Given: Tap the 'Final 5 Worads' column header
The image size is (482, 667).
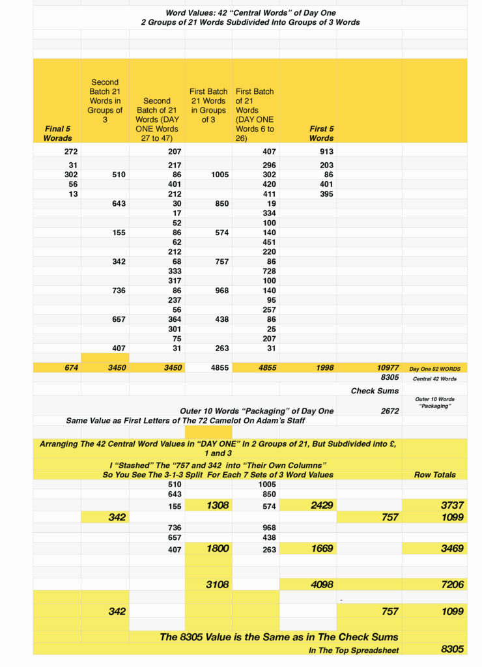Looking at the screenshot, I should click(58, 133).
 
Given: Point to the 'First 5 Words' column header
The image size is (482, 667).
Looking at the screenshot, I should click(321, 133).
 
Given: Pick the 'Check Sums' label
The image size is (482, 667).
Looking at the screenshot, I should click(375, 391).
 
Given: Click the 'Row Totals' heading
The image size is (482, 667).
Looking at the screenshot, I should click(434, 474).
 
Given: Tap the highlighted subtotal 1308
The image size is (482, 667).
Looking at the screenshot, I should click(218, 505).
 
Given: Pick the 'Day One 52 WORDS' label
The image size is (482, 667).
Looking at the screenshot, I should click(434, 368).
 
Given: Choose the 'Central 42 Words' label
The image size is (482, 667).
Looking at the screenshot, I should click(434, 378).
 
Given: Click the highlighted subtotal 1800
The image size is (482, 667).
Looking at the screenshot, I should click(218, 548).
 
